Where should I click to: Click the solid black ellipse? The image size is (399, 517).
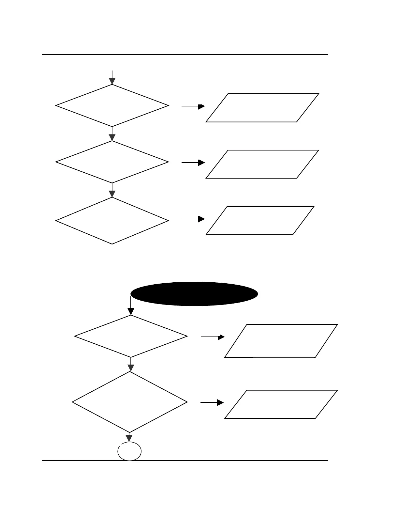click(194, 294)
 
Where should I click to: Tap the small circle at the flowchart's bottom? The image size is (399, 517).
click(129, 451)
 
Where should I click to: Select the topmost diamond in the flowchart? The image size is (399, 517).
click(112, 105)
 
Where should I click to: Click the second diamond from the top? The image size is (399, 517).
click(112, 162)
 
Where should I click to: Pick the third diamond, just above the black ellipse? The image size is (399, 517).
click(112, 221)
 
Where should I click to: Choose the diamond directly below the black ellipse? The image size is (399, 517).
click(131, 336)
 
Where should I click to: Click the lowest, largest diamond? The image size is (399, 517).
click(130, 402)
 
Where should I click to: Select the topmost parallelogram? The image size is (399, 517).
click(262, 108)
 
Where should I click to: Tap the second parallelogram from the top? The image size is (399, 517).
click(262, 164)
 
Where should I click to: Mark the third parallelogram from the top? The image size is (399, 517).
click(260, 221)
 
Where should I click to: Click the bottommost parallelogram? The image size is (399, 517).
click(281, 404)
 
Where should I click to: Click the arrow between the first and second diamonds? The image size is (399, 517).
click(112, 134)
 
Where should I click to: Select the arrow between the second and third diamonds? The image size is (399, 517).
click(112, 190)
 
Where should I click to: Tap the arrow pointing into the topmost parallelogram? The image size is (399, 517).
click(193, 106)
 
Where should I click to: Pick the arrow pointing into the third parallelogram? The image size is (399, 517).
click(193, 219)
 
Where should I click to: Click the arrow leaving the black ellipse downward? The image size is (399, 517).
click(131, 306)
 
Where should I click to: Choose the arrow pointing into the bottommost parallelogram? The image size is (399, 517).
click(212, 403)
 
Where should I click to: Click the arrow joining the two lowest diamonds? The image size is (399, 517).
click(131, 364)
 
